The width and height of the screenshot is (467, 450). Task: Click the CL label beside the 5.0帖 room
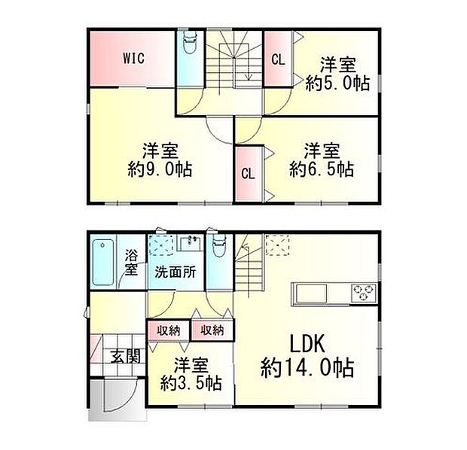pos(278,59)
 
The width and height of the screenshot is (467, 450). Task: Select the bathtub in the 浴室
pos(102,261)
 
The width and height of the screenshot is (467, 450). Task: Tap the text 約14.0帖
pos(307,369)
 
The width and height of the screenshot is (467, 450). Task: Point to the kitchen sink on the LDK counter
pos(306,292)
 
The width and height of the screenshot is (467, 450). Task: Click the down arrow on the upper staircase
pos(247,72)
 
